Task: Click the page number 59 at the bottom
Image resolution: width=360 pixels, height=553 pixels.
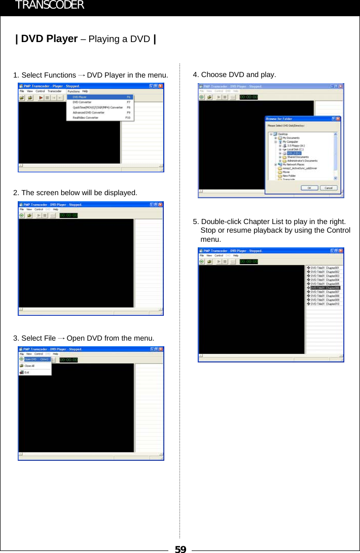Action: (180, 548)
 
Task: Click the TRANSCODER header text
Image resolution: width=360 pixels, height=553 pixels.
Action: (49, 6)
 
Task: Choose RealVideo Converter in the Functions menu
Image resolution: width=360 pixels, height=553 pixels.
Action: (86, 118)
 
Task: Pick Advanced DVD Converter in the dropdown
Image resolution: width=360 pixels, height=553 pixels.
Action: (89, 113)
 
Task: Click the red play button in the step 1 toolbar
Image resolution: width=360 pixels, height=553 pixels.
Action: (41, 97)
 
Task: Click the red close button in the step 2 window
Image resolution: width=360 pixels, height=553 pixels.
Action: (160, 205)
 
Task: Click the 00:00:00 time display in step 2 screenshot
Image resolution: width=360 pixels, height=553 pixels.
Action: (68, 215)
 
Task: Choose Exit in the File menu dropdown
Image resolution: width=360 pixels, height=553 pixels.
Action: (26, 373)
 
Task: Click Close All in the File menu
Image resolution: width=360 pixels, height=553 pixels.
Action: (29, 365)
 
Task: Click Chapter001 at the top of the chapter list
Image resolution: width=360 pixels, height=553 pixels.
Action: (325, 268)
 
